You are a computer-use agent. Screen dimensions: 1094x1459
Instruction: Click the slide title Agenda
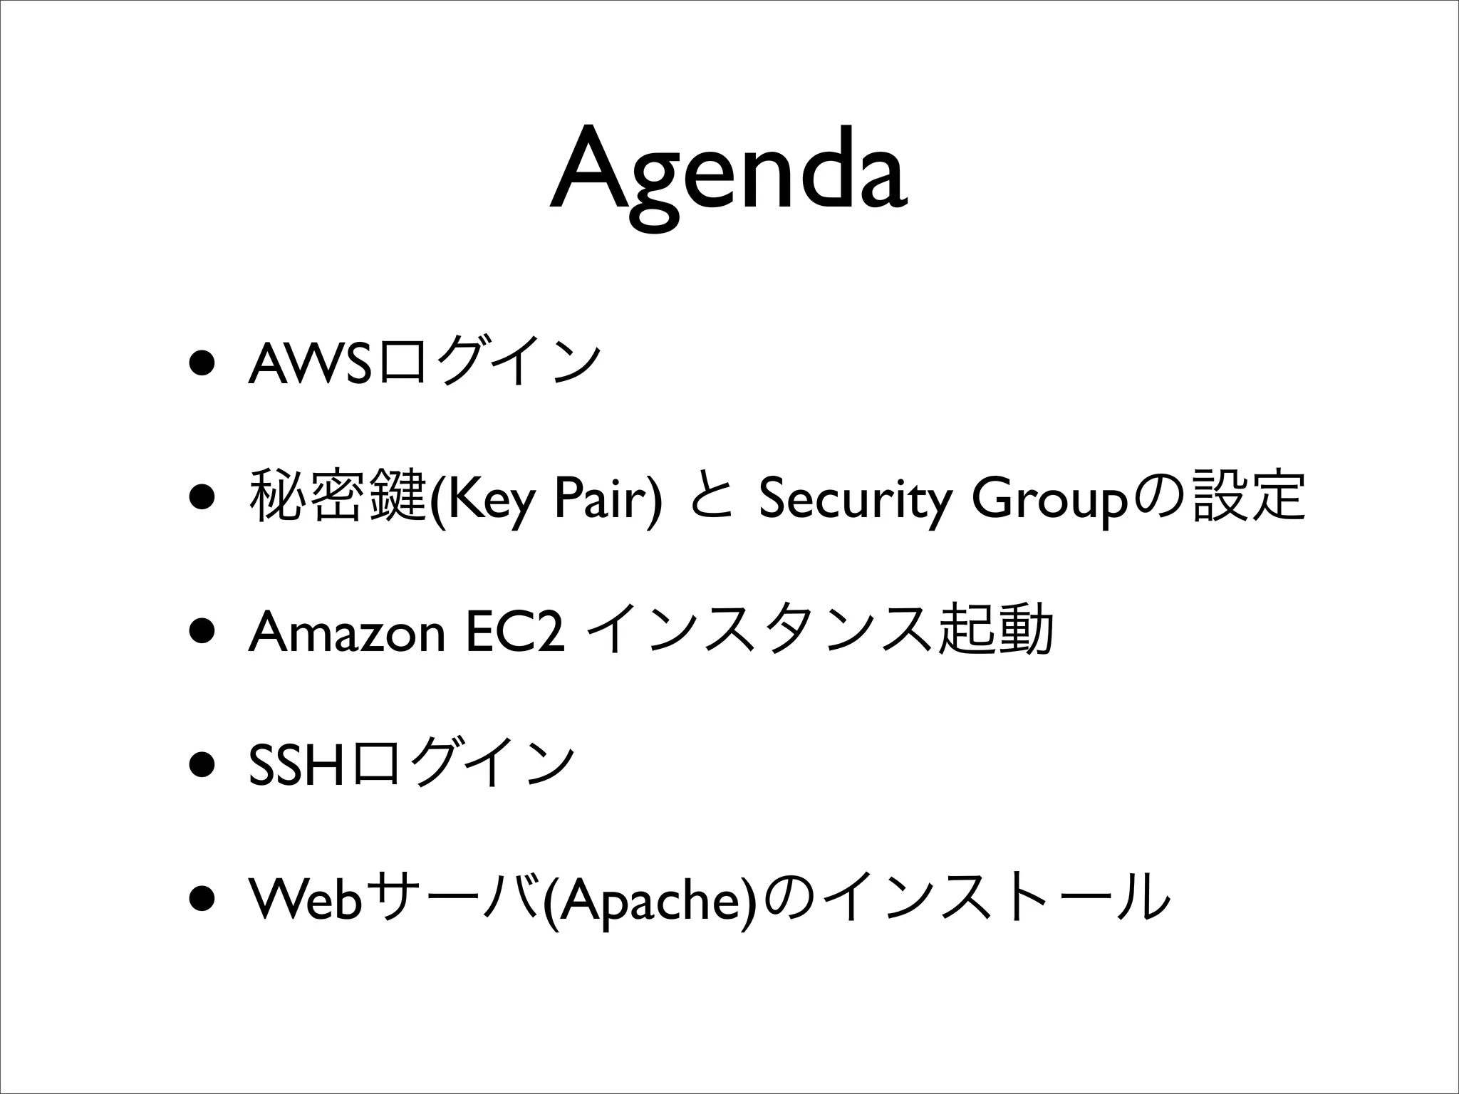pos(728,174)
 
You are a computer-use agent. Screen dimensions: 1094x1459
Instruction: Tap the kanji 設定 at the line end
pos(1250,496)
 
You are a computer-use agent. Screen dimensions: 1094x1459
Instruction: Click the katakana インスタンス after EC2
pos(759,631)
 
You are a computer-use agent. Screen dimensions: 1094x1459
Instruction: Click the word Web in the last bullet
pos(306,898)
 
